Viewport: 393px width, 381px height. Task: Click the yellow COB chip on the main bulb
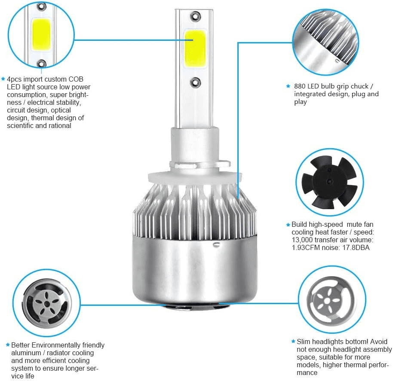pos(195,48)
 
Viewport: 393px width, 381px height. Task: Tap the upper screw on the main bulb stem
pos(195,16)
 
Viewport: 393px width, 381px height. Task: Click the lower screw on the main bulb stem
pos(195,82)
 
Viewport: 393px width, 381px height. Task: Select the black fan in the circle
pos(329,182)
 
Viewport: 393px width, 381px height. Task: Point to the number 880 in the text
pos(300,86)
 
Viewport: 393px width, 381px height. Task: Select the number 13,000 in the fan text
pos(302,240)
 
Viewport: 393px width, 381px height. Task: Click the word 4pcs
pos(14,79)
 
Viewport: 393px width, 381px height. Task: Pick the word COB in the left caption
pos(76,79)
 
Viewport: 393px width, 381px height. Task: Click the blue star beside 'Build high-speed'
pos(288,225)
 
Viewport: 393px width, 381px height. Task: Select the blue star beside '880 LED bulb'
pos(288,86)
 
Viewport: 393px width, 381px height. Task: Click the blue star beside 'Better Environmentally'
pos(8,345)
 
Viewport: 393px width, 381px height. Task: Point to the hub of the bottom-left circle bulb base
pos(46,304)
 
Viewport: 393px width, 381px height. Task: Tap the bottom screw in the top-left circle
pos(42,64)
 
